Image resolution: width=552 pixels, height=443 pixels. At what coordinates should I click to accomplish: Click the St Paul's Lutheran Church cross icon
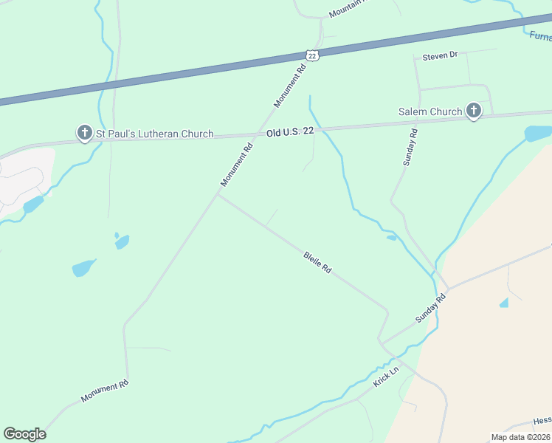click(x=84, y=133)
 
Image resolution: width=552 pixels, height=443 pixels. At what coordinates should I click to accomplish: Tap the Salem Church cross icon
click(x=473, y=111)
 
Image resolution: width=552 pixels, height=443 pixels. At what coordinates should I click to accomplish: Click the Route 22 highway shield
click(x=312, y=56)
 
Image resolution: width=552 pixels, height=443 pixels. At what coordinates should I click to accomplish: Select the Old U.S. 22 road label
click(x=290, y=131)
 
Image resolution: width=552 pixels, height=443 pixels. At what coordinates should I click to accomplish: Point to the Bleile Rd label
click(x=317, y=263)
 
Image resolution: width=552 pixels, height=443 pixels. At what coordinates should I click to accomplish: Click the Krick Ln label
click(x=385, y=379)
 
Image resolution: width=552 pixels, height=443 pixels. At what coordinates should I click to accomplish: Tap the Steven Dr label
click(x=440, y=55)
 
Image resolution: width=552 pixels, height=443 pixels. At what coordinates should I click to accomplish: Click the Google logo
click(x=24, y=434)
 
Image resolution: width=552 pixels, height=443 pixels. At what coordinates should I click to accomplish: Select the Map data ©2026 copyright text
click(x=521, y=437)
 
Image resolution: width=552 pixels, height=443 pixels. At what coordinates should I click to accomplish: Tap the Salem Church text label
click(x=430, y=111)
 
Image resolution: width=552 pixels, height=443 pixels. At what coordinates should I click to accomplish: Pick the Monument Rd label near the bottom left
click(x=105, y=391)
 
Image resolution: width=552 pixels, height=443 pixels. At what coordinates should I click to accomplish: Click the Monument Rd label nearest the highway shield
click(x=290, y=86)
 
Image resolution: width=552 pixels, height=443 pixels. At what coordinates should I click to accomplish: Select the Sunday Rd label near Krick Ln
click(x=431, y=308)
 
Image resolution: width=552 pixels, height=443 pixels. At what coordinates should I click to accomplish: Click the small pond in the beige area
click(x=503, y=303)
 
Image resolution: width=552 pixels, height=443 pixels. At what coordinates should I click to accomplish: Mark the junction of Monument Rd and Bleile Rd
click(x=217, y=194)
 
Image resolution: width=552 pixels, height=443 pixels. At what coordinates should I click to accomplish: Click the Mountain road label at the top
click(x=347, y=10)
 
